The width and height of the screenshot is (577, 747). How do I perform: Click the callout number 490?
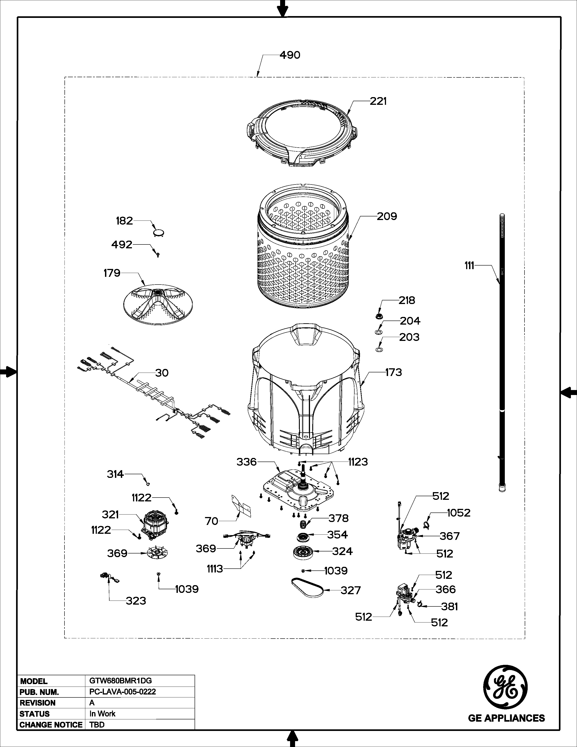coord(290,55)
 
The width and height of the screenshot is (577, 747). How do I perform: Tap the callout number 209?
coord(387,216)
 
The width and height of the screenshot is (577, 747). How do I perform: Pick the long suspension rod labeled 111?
coord(502,352)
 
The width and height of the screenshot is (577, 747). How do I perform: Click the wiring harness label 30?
coord(162,373)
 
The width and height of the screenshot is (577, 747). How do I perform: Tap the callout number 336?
coord(246,462)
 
